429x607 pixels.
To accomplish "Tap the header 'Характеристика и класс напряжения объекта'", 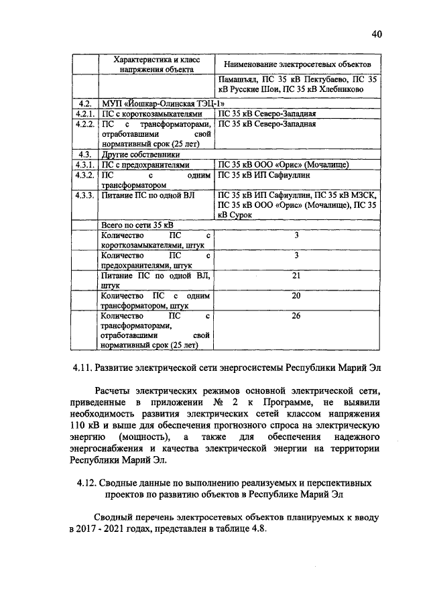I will point(154,63).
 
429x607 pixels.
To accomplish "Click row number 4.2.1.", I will point(84,113).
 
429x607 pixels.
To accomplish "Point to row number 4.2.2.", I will point(84,124).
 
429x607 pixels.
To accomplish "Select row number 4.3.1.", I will point(84,164).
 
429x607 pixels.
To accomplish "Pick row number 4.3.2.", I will point(84,174).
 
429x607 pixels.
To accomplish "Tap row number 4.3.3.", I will point(84,195).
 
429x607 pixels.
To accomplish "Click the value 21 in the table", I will point(296,276).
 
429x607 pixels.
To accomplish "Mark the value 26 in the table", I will point(296,315).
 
